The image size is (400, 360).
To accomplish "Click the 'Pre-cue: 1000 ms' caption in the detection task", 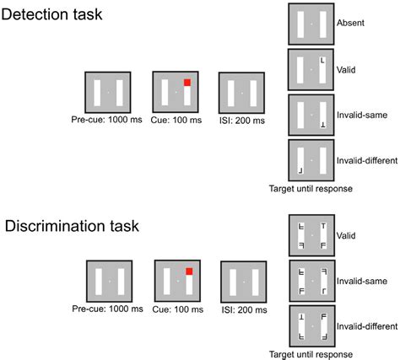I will [x=107, y=120].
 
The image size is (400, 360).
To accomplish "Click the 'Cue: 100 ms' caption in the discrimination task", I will [x=176, y=310].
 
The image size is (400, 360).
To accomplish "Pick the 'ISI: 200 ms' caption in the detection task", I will [x=241, y=120].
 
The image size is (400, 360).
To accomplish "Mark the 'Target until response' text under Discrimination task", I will [x=310, y=353].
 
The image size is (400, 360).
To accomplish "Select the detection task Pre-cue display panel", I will [x=107, y=91].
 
